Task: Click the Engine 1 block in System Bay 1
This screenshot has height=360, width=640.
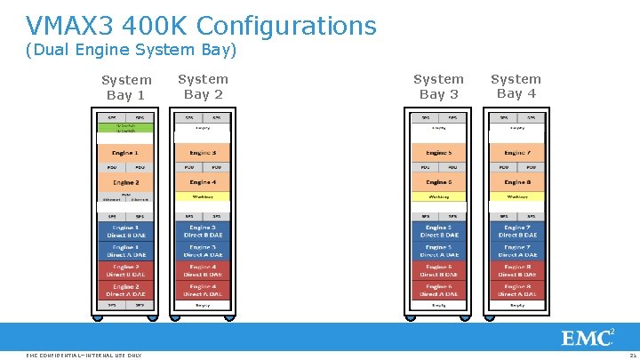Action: point(125,153)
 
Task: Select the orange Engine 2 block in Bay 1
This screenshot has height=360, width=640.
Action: point(125,182)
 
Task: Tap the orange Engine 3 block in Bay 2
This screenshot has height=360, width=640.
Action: point(203,153)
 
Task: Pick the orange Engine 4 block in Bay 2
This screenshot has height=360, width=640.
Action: point(203,182)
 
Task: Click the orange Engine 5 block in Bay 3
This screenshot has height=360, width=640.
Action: point(438,153)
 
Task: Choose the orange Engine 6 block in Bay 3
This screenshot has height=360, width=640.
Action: point(438,182)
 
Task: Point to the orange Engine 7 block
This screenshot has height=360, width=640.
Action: point(516,153)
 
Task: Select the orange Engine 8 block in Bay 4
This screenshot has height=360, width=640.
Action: point(516,182)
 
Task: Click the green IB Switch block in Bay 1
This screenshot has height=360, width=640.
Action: point(125,128)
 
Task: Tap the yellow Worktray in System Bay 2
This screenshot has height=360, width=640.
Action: point(203,196)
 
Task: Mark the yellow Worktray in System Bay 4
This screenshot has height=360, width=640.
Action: point(516,196)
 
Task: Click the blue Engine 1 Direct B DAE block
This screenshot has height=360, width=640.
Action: point(125,231)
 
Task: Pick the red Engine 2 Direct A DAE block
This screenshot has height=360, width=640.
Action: point(125,290)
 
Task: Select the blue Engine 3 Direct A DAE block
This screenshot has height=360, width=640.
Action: point(203,251)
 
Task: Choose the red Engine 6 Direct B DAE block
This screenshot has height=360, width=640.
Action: point(438,270)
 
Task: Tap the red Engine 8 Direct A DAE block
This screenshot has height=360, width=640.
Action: point(516,290)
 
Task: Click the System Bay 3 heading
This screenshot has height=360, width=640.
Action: point(438,86)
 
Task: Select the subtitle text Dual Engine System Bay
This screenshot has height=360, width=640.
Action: point(132,50)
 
